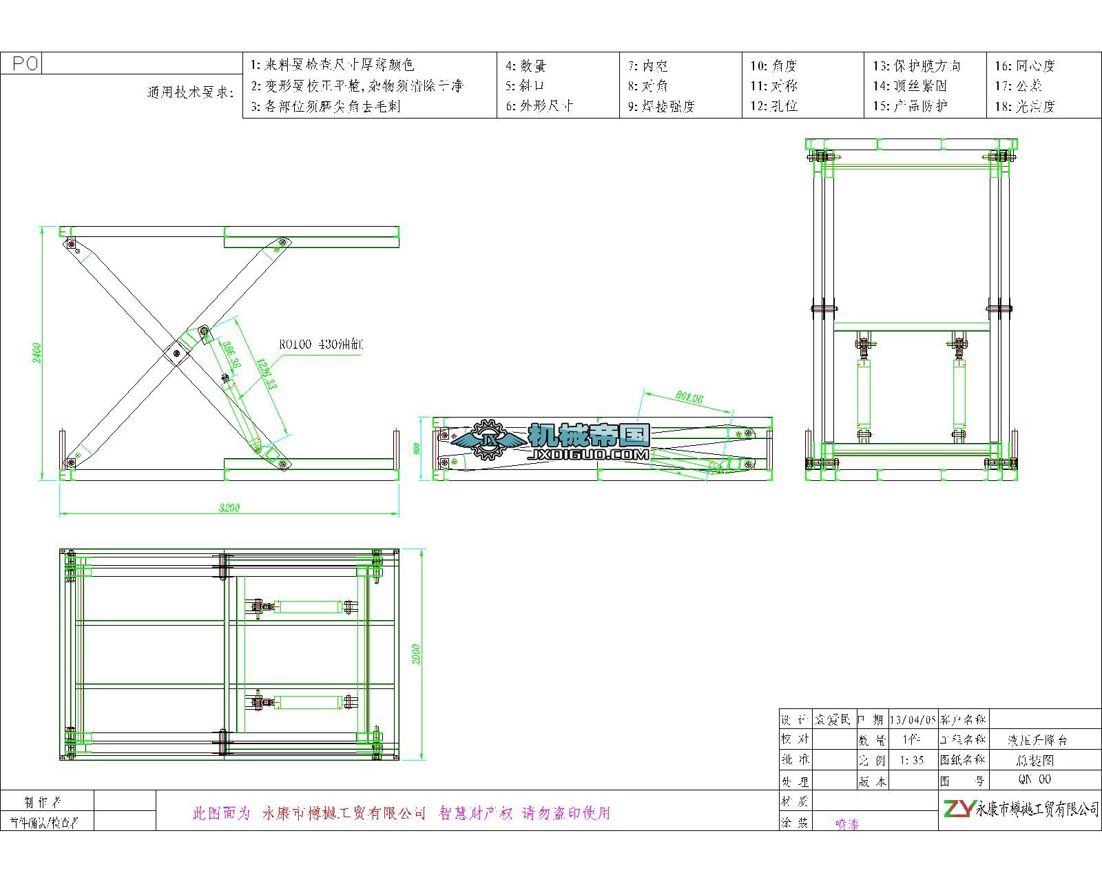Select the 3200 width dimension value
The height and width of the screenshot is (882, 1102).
click(229, 509)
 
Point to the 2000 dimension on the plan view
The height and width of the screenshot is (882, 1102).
click(417, 655)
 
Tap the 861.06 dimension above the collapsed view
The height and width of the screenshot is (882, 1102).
click(689, 398)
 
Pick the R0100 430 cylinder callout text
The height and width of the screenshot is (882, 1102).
click(320, 344)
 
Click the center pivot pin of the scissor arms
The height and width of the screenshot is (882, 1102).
click(177, 353)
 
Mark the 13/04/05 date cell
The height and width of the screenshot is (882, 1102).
click(913, 720)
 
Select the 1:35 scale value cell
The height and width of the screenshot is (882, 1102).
click(912, 761)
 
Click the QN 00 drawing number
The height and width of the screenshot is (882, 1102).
click(1035, 779)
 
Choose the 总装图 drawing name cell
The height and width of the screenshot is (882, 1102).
click(1035, 761)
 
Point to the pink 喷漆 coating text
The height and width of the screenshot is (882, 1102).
click(847, 824)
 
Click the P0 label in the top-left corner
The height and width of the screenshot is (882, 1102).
click(25, 64)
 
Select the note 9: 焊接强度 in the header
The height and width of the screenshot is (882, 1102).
click(661, 106)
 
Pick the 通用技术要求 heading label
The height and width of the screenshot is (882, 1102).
click(191, 92)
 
